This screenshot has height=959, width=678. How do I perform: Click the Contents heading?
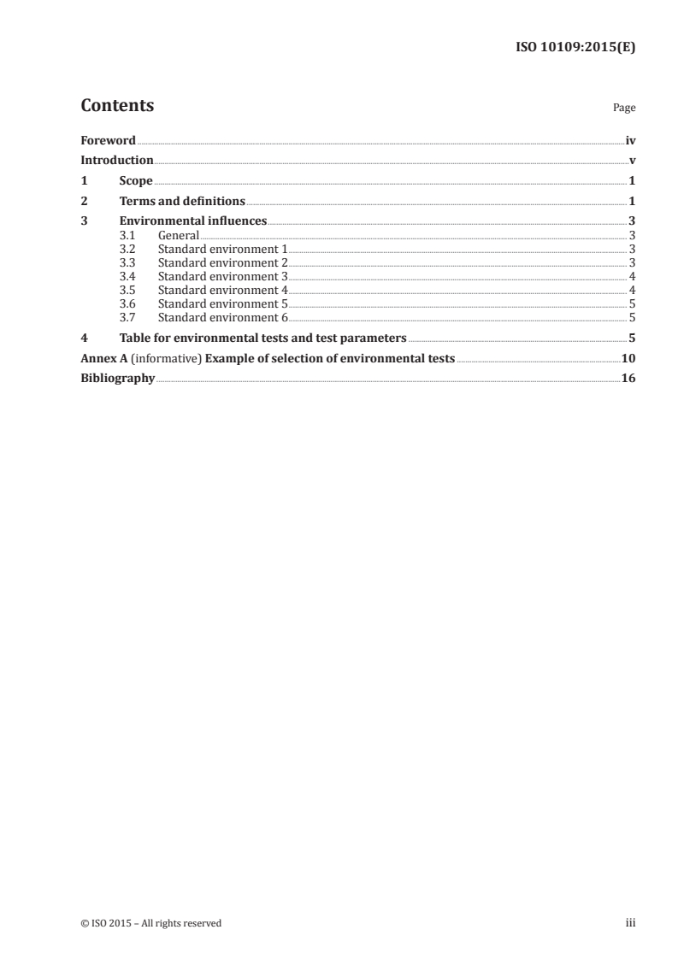coord(117,106)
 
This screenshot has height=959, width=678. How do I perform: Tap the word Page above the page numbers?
coord(624,109)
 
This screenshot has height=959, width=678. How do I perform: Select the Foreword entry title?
coord(108,140)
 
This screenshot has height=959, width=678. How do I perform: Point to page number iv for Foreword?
coord(630,140)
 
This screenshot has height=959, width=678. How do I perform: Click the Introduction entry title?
coord(117,161)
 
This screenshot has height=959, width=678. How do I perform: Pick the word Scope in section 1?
coord(136,181)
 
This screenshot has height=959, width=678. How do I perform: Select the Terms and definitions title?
coord(182,202)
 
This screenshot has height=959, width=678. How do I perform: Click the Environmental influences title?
coord(193,222)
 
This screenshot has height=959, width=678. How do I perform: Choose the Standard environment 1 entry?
coord(223,249)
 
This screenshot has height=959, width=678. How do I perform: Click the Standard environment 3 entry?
coord(223,276)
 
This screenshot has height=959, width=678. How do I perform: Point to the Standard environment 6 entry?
coord(223,317)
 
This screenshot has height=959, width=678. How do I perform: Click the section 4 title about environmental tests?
coord(262,338)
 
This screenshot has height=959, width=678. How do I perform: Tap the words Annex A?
coord(98,358)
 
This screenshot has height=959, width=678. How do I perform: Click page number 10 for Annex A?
coord(628,358)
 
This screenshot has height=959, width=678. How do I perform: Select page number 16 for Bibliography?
coord(628,379)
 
